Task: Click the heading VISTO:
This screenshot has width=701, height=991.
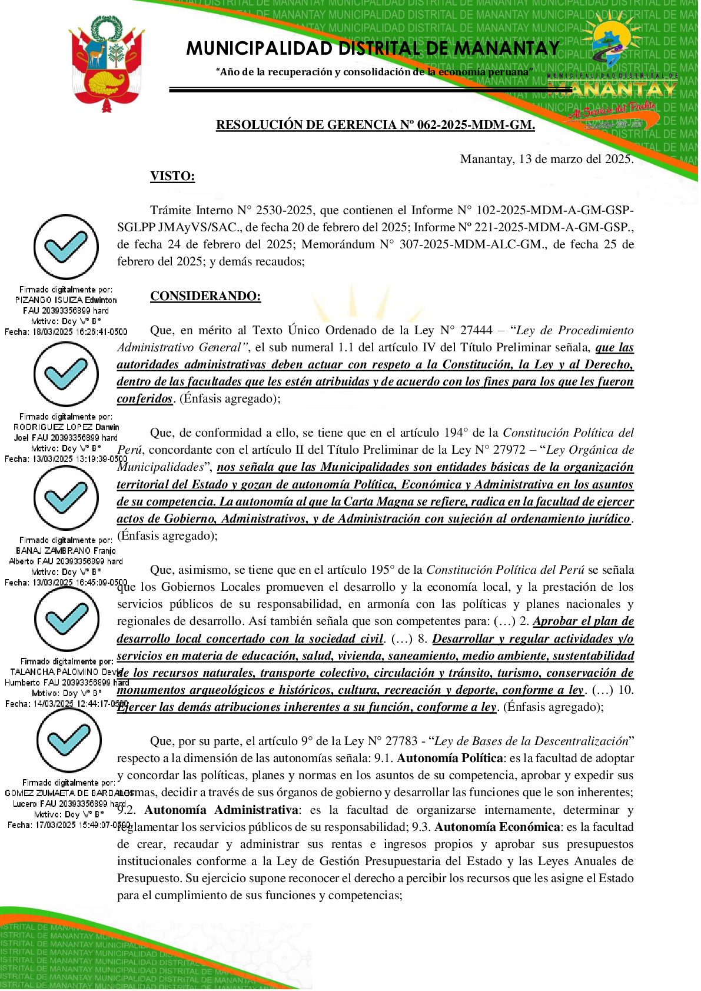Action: [x=172, y=176]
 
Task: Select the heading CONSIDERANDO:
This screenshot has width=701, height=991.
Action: [x=205, y=296]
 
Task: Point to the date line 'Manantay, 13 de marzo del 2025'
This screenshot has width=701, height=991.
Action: [x=546, y=159]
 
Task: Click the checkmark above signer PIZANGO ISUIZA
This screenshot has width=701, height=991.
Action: [x=66, y=247]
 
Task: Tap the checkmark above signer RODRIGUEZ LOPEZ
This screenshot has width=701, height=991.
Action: [x=66, y=374]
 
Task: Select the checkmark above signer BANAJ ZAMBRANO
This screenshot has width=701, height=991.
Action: [x=66, y=498]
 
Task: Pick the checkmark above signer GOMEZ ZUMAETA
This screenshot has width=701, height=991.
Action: [x=69, y=740]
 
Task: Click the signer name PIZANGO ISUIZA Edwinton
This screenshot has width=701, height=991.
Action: [x=66, y=300]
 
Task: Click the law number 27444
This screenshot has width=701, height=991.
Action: [x=474, y=331]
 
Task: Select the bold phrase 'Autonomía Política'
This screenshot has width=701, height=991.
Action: [x=450, y=759]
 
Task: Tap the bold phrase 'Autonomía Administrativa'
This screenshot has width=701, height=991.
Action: [x=221, y=810]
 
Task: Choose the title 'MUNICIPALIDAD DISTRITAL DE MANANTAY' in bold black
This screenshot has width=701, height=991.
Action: [x=373, y=48]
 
